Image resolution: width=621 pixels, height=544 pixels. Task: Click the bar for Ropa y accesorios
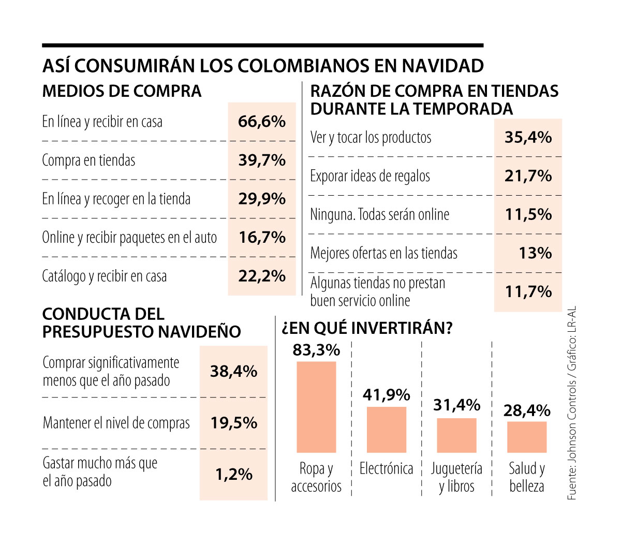point(316,407)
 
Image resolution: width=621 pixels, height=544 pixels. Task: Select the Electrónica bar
point(387,430)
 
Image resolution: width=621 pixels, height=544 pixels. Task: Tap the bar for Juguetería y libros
point(456,435)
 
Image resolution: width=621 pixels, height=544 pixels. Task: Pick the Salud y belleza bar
point(527,437)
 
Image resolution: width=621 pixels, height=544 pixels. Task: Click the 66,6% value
point(262,122)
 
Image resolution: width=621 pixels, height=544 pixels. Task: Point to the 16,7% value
point(262,238)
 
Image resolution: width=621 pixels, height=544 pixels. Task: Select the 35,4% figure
point(528,137)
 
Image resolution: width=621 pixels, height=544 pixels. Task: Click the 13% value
point(535,253)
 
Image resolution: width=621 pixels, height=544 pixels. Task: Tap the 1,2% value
point(234,474)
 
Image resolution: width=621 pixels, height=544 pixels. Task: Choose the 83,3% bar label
point(316,350)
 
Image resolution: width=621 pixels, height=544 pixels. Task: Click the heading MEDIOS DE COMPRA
point(122,92)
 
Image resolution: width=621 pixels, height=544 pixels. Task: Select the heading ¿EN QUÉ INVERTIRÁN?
point(367,328)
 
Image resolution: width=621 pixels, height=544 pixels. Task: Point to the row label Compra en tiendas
point(88,160)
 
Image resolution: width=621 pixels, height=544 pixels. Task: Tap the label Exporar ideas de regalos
point(370,176)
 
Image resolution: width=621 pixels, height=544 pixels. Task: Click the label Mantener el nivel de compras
point(116,423)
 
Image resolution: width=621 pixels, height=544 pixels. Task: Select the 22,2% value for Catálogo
point(262,276)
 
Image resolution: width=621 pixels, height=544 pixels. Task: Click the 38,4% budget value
point(233,371)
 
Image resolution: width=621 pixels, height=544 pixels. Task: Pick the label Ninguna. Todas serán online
point(380,214)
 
